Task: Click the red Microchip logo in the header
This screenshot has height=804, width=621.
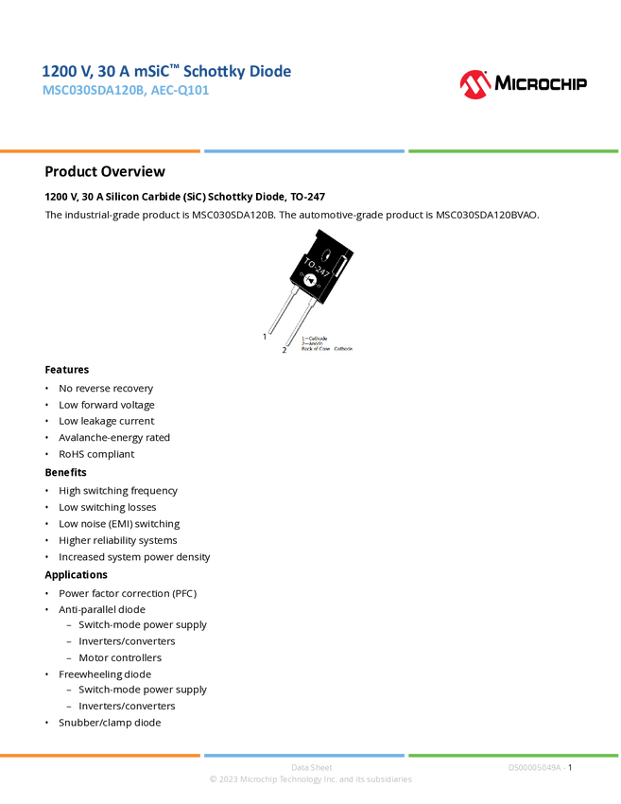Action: (x=475, y=85)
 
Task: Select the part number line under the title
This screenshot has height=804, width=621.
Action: (x=125, y=93)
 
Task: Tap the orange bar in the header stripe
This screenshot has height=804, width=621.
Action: (x=100, y=150)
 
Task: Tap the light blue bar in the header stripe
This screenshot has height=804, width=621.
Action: (x=303, y=150)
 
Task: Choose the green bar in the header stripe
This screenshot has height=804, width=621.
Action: (x=513, y=150)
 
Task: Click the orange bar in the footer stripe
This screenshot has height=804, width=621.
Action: (x=100, y=755)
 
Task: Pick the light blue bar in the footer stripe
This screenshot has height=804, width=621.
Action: (x=303, y=755)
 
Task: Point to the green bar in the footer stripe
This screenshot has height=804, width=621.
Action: (x=513, y=755)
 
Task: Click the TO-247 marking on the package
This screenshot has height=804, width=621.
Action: (x=317, y=261)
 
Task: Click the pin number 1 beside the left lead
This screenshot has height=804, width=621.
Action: (x=266, y=336)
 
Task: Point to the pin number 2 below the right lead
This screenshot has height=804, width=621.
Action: (x=285, y=350)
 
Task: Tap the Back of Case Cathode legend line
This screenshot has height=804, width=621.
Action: (x=327, y=349)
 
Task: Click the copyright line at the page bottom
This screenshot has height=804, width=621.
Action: (x=310, y=780)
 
